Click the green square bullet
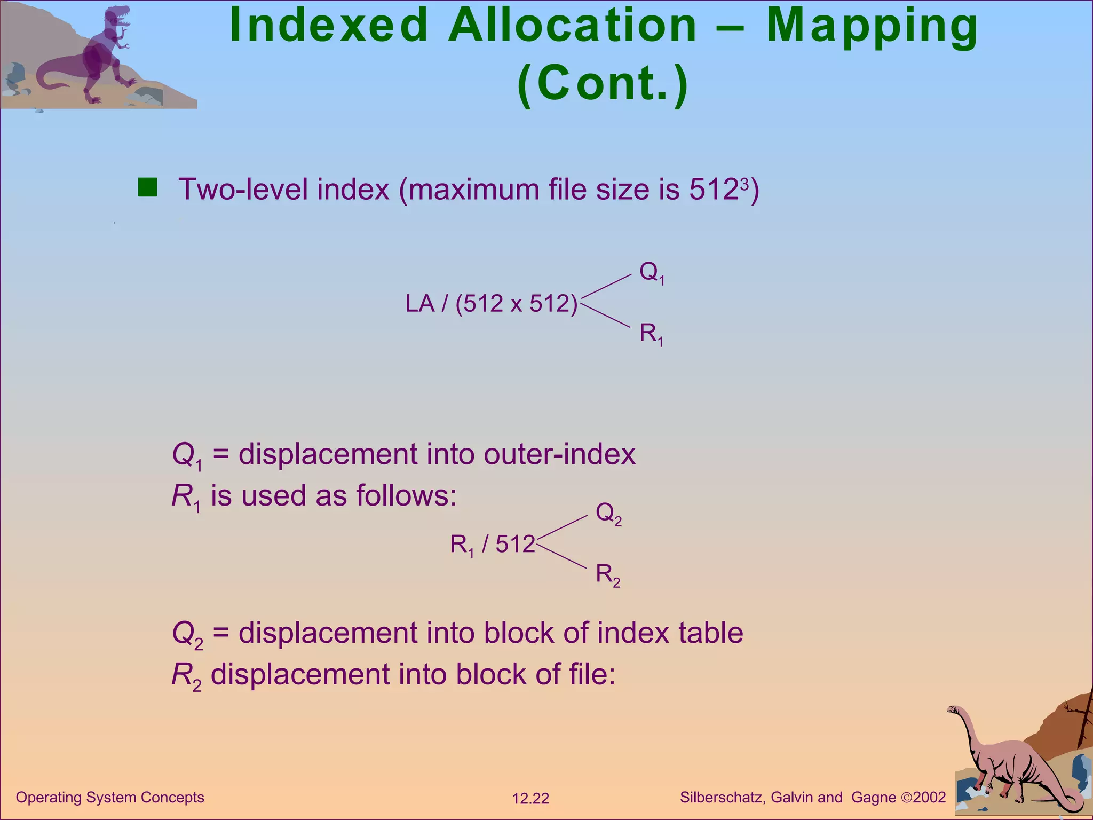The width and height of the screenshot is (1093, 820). (147, 188)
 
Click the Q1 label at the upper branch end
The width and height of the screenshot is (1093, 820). (652, 273)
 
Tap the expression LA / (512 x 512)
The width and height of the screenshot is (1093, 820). (491, 304)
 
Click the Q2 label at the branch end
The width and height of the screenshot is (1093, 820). (608, 513)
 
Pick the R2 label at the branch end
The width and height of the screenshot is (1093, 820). (608, 575)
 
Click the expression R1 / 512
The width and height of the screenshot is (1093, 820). (492, 545)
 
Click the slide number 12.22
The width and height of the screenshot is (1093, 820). (530, 799)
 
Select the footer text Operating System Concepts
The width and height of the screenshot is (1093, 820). (110, 798)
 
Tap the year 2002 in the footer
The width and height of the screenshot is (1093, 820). (929, 798)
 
